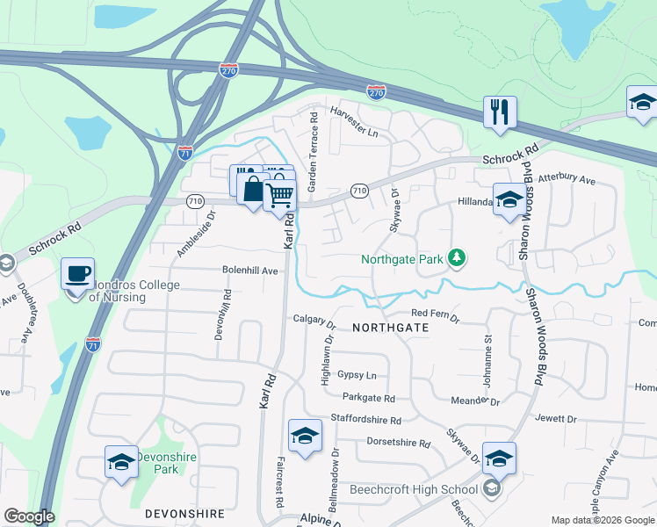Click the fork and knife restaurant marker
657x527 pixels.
(500, 112)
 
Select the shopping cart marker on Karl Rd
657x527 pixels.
(280, 195)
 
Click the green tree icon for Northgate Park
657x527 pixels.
(456, 258)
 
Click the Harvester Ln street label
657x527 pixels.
(353, 112)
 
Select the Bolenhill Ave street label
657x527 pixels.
(249, 271)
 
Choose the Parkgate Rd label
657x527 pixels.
(369, 398)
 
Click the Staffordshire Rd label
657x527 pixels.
(365, 421)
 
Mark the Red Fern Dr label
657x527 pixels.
(435, 314)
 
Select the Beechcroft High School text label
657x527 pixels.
(413, 489)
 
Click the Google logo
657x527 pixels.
(30, 516)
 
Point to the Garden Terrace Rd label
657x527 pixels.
(312, 152)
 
